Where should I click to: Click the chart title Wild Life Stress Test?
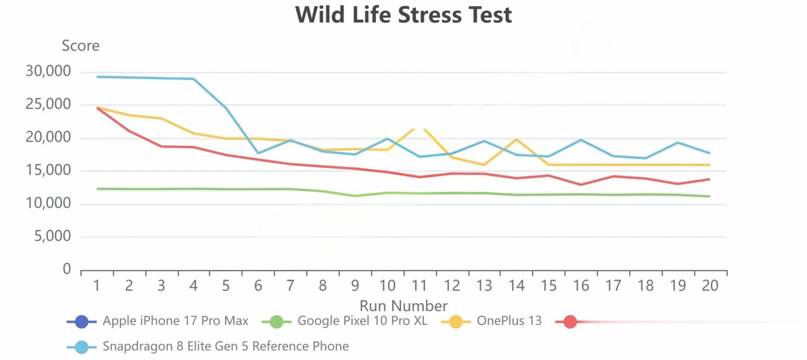[x=403, y=15]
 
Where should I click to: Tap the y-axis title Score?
[x=81, y=46]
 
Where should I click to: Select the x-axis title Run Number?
[x=403, y=306]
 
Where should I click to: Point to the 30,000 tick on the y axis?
[x=48, y=71]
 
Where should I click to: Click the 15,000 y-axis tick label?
[x=48, y=171]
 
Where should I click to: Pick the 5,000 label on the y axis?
[x=53, y=236]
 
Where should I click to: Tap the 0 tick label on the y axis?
[x=67, y=269]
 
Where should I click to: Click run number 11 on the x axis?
[x=419, y=286]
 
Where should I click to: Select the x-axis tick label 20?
[x=710, y=286]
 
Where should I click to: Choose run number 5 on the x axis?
[x=226, y=286]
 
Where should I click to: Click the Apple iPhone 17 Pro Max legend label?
[x=175, y=321]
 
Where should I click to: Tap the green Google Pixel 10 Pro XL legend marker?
[x=277, y=322]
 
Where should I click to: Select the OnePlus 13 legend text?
[x=509, y=321]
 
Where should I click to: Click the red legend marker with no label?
[x=570, y=322]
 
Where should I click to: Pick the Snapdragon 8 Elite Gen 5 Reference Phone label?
[x=226, y=346]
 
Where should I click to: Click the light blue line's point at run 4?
[x=193, y=79]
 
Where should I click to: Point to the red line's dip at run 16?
[x=581, y=184]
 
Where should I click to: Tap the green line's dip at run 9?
[x=355, y=196]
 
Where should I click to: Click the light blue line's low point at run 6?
[x=258, y=153]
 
